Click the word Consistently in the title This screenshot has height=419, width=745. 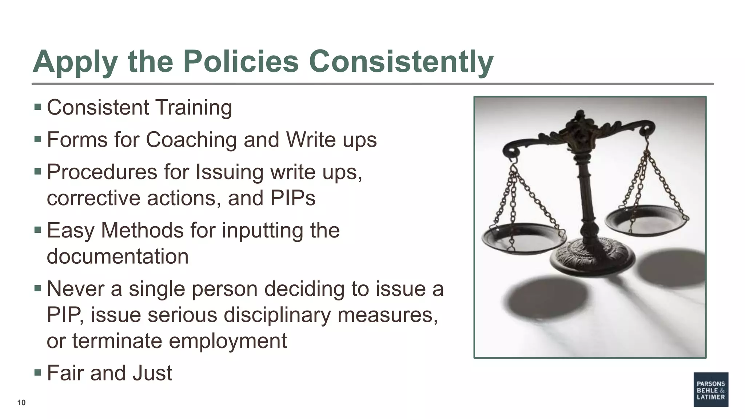click(x=401, y=62)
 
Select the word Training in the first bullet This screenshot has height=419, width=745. click(x=194, y=108)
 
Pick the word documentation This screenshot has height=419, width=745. click(x=117, y=256)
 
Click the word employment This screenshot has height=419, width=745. click(x=228, y=341)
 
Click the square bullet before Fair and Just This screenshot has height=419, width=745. click(x=37, y=372)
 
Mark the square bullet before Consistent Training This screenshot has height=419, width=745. click(x=37, y=107)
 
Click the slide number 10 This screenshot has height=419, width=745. click(x=21, y=403)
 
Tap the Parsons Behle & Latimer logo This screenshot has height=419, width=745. click(x=710, y=390)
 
